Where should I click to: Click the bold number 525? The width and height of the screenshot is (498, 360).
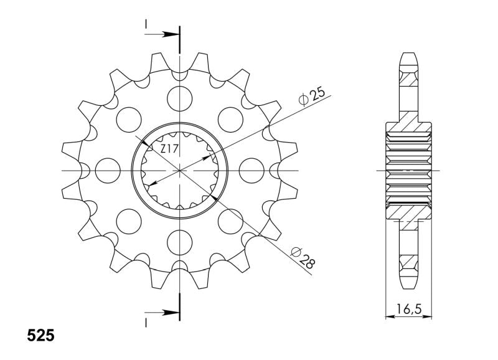pyautogui.click(x=40, y=336)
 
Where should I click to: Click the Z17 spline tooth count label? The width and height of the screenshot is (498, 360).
pyautogui.click(x=169, y=149)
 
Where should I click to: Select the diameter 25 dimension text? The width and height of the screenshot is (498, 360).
pyautogui.click(x=312, y=97)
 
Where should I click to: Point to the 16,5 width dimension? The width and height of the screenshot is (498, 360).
pyautogui.click(x=409, y=308)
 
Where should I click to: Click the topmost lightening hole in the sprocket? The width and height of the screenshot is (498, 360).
pyautogui.click(x=180, y=98)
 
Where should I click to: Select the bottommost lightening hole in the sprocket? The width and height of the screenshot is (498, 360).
pyautogui.click(x=180, y=242)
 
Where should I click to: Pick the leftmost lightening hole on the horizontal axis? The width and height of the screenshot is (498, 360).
pyautogui.click(x=108, y=171)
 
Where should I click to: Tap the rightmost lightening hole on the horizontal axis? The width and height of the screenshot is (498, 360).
pyautogui.click(x=251, y=171)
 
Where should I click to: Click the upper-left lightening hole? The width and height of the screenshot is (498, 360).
pyautogui.click(x=129, y=120)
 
